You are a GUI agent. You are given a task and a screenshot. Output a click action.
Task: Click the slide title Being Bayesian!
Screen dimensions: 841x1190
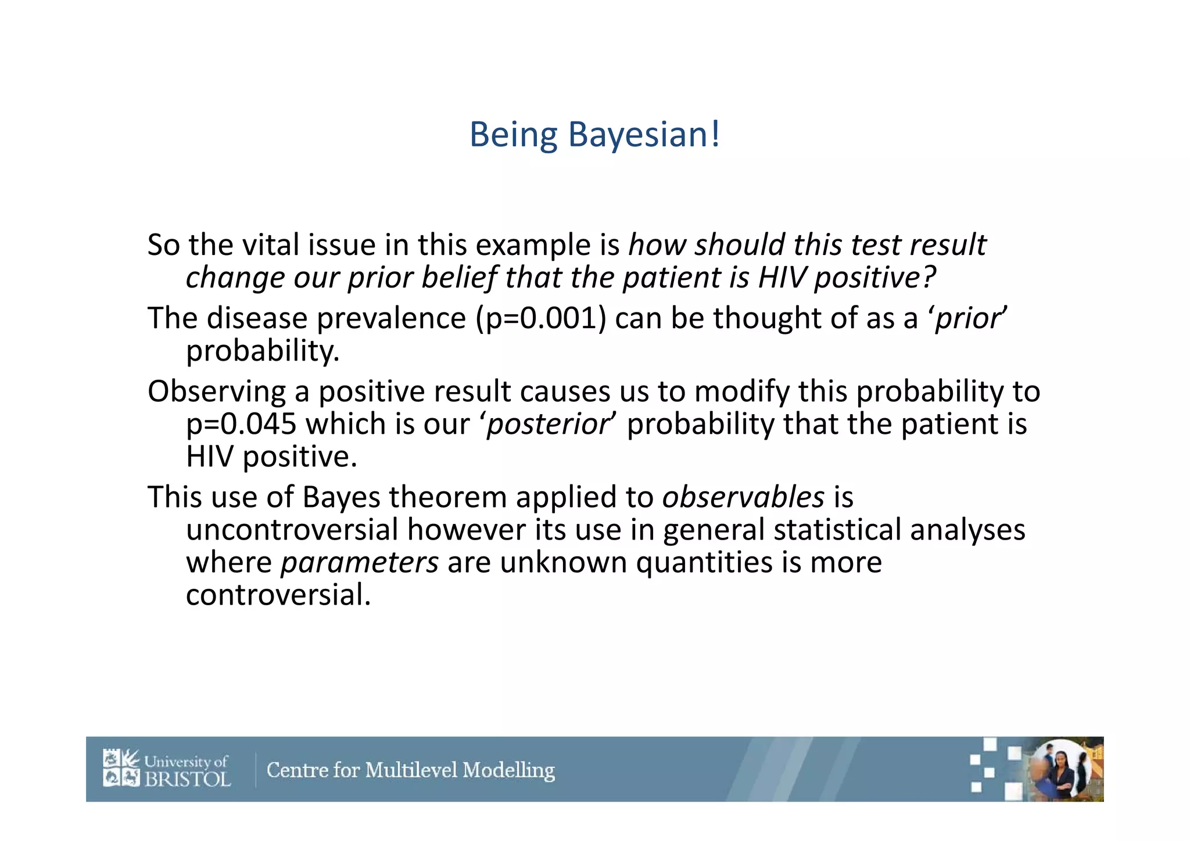click(594, 135)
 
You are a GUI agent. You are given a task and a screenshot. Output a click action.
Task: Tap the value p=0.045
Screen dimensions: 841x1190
click(241, 425)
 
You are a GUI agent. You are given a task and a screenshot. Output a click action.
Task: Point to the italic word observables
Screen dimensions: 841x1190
click(743, 498)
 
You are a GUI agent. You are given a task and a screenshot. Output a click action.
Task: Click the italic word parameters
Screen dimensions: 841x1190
click(360, 563)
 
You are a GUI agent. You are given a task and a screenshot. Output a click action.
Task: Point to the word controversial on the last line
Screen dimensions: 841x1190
click(278, 595)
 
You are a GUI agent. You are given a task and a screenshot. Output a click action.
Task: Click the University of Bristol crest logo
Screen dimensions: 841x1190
click(121, 768)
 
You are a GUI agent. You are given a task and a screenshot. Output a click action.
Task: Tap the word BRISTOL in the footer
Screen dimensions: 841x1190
click(187, 779)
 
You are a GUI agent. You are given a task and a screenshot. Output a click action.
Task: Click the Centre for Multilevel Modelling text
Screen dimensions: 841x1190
click(410, 770)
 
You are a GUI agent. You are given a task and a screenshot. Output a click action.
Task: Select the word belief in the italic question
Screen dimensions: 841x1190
click(459, 278)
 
